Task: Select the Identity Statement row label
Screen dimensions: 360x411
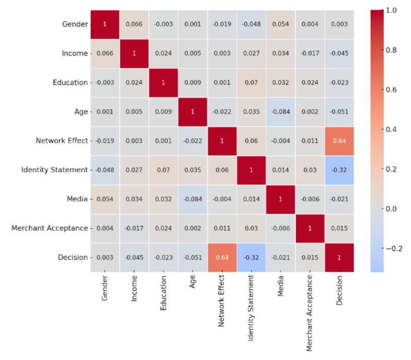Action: coord(54,170)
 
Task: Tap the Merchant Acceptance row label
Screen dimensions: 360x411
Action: coord(50,228)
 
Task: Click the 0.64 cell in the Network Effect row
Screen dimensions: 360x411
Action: coord(339,141)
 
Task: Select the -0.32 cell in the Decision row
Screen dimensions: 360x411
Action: coord(251,258)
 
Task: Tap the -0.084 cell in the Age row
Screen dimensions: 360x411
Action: coord(280,111)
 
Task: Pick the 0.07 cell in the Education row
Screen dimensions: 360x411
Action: coord(251,82)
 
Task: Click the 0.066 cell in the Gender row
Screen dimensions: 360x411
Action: coord(134,24)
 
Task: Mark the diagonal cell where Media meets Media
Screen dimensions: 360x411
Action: coord(280,199)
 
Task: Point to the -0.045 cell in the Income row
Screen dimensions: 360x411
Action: coord(339,53)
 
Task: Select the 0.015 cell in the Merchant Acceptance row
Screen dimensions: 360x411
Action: coord(339,228)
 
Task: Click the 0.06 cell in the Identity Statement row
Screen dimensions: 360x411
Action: coord(222,170)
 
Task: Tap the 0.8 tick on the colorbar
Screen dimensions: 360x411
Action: coord(391,50)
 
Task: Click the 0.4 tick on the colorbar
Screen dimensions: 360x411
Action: coord(391,130)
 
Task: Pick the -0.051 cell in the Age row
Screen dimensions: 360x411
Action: coord(339,111)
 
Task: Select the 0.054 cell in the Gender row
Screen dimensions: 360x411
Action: coord(280,24)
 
